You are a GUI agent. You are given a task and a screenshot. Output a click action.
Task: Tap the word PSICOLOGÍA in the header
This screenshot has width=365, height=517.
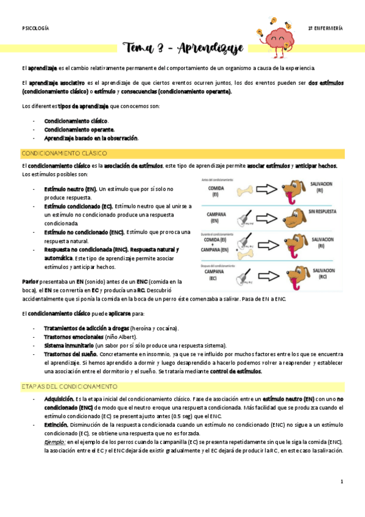tap(35, 29)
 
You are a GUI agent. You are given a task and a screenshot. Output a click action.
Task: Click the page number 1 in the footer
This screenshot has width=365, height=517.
tap(342, 482)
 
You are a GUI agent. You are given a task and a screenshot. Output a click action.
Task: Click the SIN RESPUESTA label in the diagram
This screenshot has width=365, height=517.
tap(327, 212)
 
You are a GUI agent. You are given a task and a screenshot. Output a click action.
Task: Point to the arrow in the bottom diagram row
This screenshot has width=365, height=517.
tap(271, 281)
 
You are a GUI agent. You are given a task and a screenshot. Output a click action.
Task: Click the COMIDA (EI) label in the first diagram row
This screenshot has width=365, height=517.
tap(214, 191)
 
